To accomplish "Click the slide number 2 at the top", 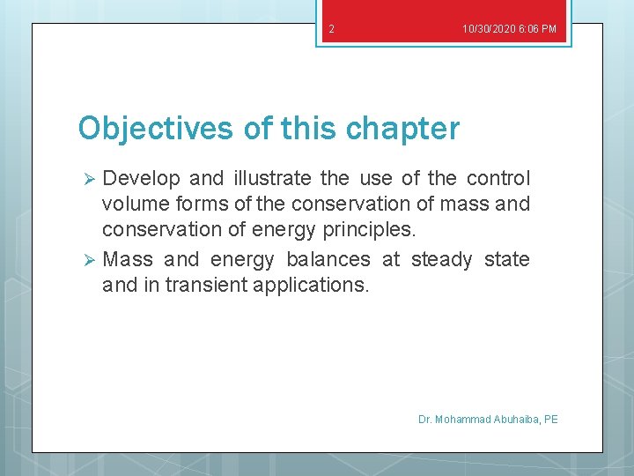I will pos(331,29).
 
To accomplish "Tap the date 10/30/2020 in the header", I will pos(488,29).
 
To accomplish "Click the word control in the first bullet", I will pos(498,179).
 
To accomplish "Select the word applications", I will pos(322,285).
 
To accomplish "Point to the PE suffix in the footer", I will pos(551,420).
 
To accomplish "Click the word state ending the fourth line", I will pos(507,260).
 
